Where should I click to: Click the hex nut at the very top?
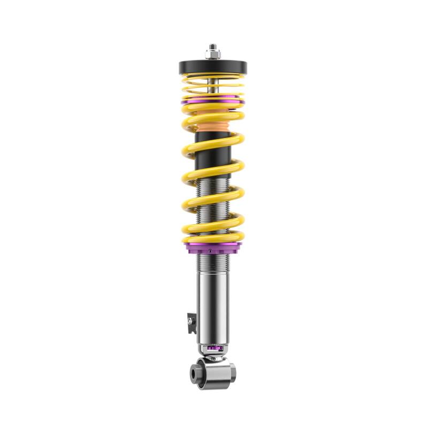(x=213, y=54)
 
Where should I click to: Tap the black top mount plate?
(x=213, y=67)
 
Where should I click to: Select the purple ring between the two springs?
(x=213, y=100)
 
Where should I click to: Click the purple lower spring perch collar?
(x=213, y=247)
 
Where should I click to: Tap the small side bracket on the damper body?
(x=189, y=320)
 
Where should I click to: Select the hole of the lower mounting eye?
(x=195, y=370)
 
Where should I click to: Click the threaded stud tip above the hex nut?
(x=213, y=46)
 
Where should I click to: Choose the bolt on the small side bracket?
(x=189, y=320)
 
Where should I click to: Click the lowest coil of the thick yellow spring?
(x=213, y=238)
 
